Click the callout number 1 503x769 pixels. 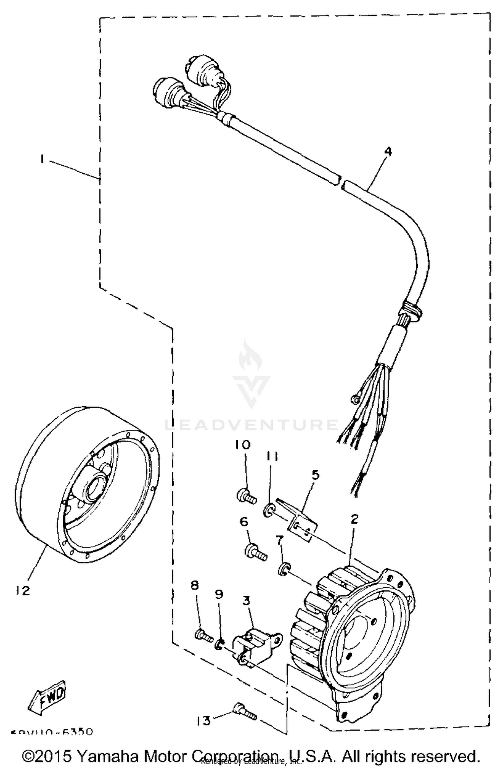[42, 159]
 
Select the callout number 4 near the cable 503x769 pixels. [387, 152]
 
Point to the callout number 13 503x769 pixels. [204, 720]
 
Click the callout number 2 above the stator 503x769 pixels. [354, 519]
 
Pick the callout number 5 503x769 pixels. [315, 475]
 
